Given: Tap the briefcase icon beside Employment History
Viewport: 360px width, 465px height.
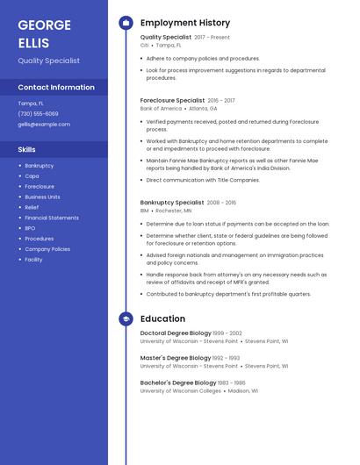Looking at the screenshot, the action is pyautogui.click(x=126, y=23).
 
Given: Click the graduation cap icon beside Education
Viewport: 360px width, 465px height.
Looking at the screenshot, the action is pyautogui.click(x=126, y=318).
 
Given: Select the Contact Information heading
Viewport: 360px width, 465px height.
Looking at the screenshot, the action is pyautogui.click(x=56, y=88).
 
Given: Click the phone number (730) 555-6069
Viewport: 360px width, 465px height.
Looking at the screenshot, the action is pyautogui.click(x=38, y=114).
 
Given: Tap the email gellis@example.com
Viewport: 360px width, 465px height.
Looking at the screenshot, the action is pyautogui.click(x=44, y=125).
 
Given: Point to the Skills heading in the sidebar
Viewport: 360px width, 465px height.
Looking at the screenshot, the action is pyautogui.click(x=27, y=150).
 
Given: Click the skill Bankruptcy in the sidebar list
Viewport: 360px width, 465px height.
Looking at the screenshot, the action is pyautogui.click(x=39, y=166).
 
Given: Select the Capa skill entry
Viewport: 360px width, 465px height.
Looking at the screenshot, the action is pyautogui.click(x=32, y=176).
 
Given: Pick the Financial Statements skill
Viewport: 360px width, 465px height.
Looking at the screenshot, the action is pyautogui.click(x=52, y=218).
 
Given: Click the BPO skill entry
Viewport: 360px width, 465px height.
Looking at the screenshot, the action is pyautogui.click(x=30, y=228).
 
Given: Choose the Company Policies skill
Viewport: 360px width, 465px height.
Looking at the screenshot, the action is pyautogui.click(x=47, y=249).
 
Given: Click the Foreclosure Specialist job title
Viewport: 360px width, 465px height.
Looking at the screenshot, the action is pyautogui.click(x=172, y=101).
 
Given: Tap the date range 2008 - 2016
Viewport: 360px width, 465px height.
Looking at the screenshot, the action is pyautogui.click(x=220, y=203).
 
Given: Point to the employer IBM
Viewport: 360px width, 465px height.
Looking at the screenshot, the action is pyautogui.click(x=144, y=211).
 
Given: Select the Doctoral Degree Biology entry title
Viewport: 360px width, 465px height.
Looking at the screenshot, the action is pyautogui.click(x=176, y=333).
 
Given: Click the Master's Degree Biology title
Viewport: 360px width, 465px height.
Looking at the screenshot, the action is pyautogui.click(x=175, y=358).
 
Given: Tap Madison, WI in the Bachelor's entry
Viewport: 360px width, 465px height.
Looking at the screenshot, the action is pyautogui.click(x=243, y=390).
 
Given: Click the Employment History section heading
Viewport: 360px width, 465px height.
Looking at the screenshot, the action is pyautogui.click(x=185, y=23).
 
